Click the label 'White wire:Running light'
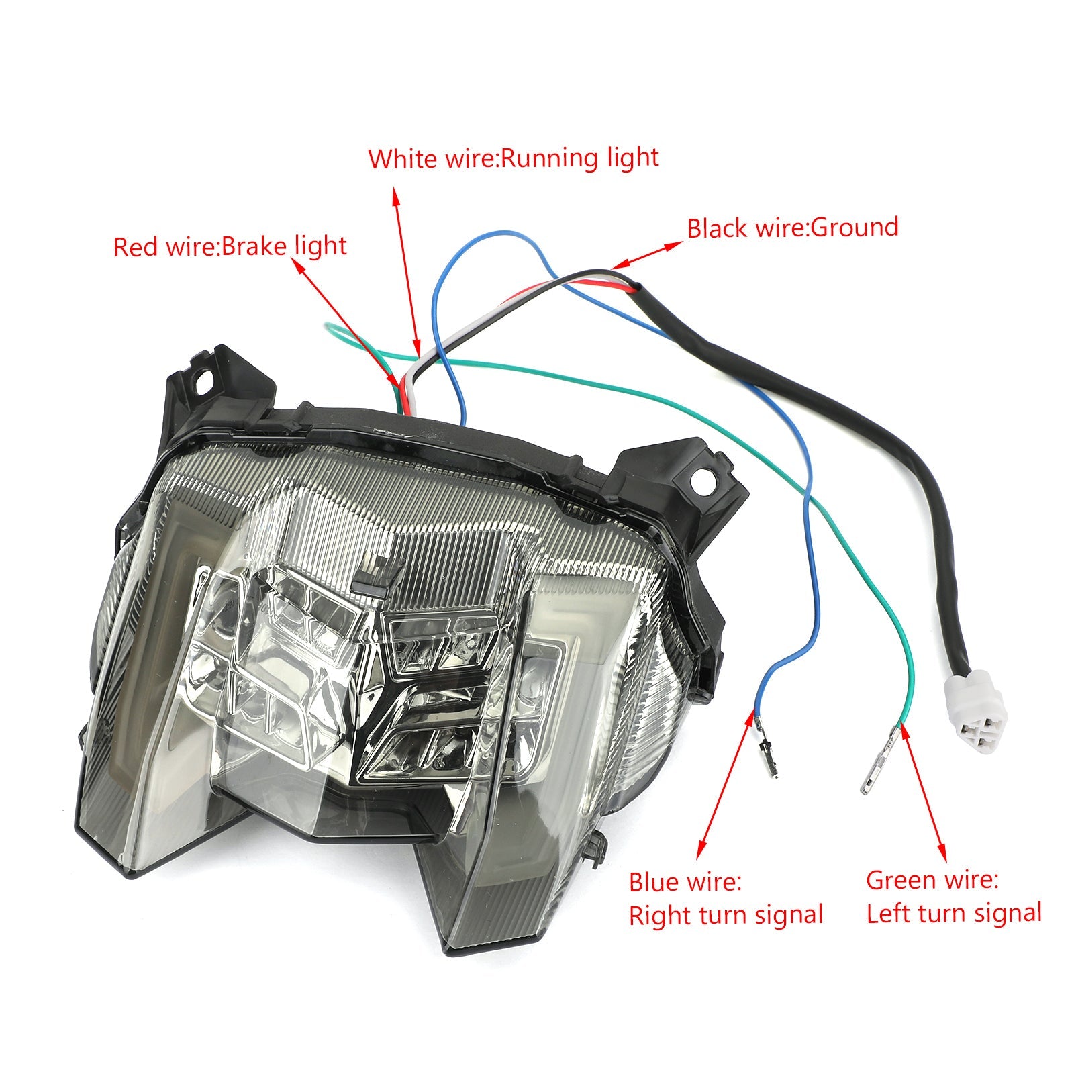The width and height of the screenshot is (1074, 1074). [x=514, y=159]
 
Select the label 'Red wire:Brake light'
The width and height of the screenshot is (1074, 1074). [x=230, y=247]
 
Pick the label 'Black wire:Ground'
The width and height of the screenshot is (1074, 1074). [x=793, y=228]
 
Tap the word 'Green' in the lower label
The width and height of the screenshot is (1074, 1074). [x=902, y=880]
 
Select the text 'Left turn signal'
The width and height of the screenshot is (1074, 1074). [x=954, y=914]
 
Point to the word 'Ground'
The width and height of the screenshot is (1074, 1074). [x=855, y=228]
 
